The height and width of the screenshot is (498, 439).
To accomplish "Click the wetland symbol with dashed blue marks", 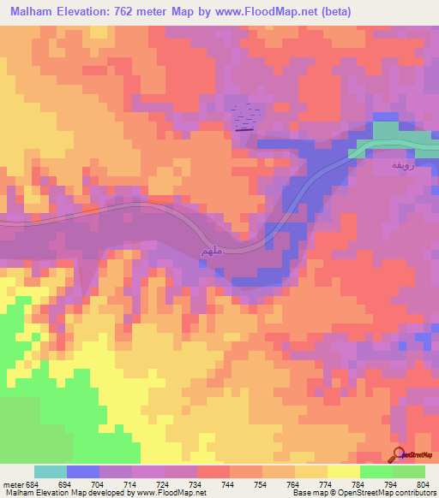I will click(x=247, y=118).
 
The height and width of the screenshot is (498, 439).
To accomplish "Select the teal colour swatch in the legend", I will click(x=51, y=471).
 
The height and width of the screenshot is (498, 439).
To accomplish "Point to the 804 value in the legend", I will click(x=423, y=484).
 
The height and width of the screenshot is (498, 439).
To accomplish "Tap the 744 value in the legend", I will click(x=227, y=484).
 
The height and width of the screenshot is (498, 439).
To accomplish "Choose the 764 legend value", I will click(x=292, y=484).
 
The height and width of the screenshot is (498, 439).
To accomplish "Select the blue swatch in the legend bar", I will click(x=83, y=471).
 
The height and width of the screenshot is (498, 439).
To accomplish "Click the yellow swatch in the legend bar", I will click(x=344, y=471).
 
